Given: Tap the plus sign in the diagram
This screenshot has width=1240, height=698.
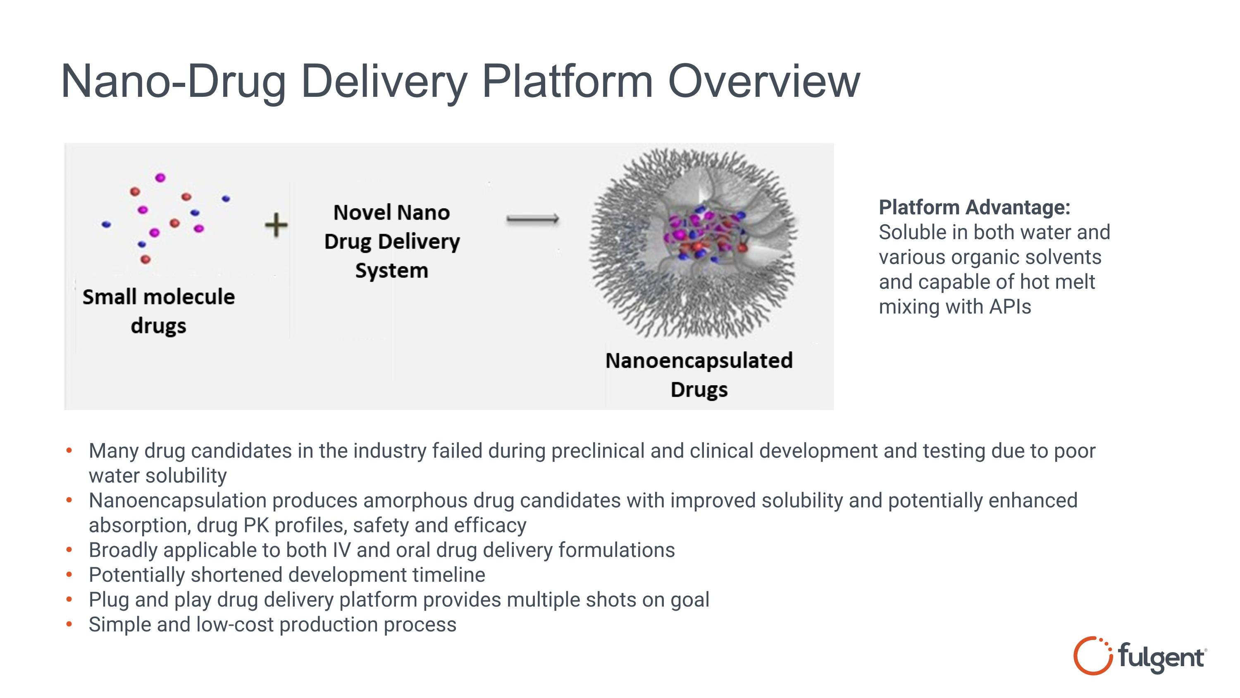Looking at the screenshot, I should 276,225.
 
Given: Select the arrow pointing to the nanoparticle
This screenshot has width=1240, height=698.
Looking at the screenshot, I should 532,219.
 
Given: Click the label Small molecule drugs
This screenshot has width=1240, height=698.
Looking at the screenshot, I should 158,311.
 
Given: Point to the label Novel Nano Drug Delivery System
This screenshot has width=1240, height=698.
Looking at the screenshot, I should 392,241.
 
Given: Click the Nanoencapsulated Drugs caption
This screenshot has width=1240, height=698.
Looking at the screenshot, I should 699,374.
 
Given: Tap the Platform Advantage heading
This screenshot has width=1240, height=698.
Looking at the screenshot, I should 974,208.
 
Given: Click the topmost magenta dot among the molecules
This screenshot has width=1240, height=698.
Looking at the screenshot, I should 160,178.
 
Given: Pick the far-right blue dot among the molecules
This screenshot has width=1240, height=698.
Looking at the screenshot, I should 226,198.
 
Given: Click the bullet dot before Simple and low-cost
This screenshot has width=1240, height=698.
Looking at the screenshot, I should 69,624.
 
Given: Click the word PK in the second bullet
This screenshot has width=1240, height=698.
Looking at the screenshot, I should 256,525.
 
